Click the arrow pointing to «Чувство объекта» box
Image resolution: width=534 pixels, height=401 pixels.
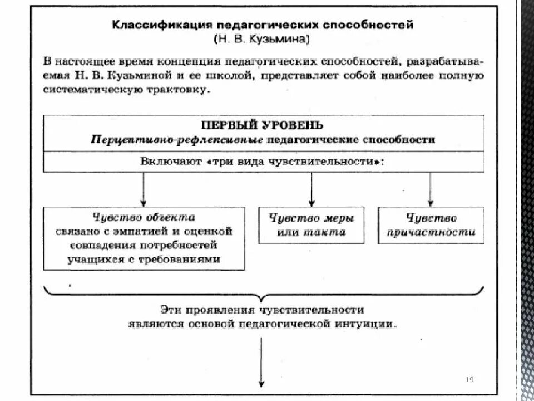144,189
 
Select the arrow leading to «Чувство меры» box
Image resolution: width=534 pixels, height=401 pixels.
311,189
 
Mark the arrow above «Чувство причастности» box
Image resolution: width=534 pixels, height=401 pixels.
431,189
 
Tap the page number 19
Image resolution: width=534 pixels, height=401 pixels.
469,380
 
